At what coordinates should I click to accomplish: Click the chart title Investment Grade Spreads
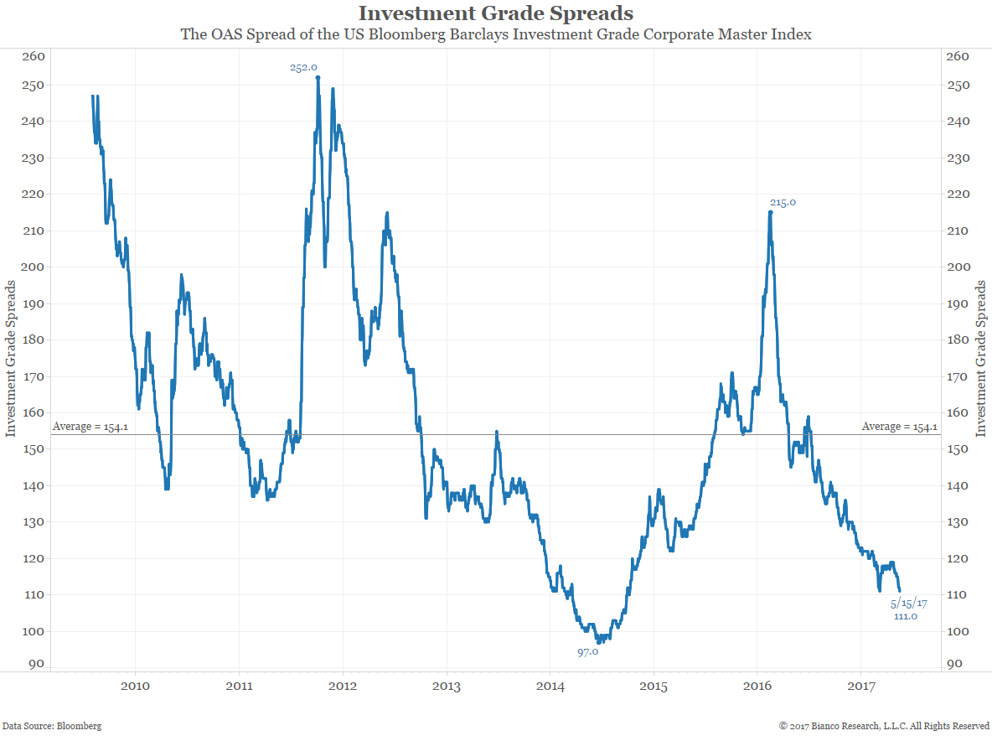[495, 13]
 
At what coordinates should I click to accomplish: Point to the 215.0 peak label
[783, 202]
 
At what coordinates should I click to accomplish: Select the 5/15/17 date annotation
[909, 603]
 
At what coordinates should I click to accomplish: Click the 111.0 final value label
[906, 616]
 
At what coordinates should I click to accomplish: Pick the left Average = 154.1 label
[90, 427]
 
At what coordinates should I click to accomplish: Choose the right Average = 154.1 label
[900, 427]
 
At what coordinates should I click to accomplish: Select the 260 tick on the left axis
[33, 56]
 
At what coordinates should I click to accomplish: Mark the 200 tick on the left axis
[33, 267]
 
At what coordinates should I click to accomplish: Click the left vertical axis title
[11, 360]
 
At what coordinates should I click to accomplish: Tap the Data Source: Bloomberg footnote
[52, 726]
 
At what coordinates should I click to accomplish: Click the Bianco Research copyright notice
[884, 726]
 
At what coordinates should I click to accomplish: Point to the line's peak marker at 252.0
[318, 78]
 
